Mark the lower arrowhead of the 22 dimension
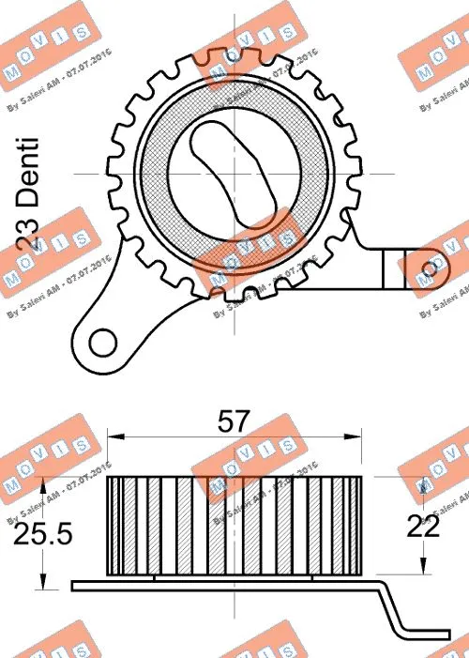(423, 567)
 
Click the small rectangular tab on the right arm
(394, 268)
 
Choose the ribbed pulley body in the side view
(234, 526)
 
